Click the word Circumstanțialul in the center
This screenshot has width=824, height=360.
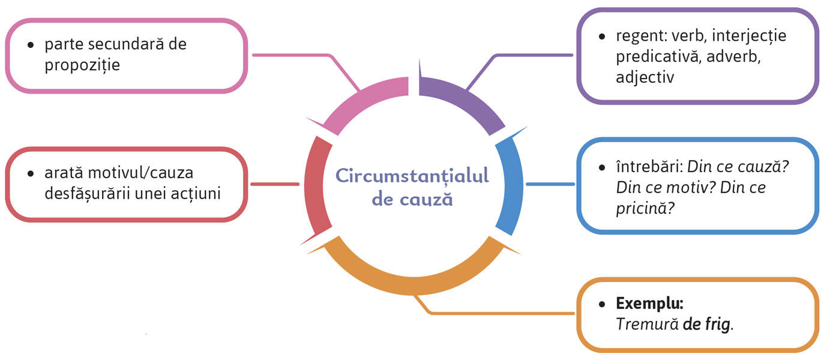tap(412, 175)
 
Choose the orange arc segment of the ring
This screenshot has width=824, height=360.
tap(414, 276)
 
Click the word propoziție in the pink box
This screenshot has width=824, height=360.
tap(82, 64)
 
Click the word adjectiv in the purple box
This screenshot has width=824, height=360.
tap(645, 77)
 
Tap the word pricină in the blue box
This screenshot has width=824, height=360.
tap(640, 208)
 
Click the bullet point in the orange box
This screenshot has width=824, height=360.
tap(602, 304)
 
